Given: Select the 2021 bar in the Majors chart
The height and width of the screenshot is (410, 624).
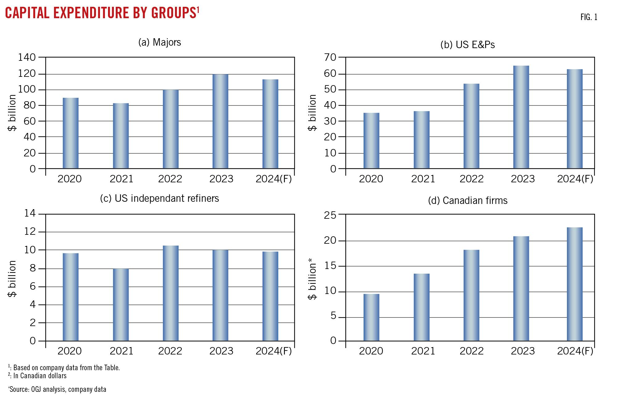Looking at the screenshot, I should click(121, 136).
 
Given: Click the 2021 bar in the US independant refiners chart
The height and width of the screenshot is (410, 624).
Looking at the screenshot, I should click(121, 304).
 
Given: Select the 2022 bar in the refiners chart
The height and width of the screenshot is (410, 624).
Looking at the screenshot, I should click(171, 293).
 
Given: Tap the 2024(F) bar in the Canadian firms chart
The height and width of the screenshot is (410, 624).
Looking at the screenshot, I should click(575, 284).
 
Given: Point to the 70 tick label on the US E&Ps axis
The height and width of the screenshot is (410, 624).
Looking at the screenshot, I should click(330, 57).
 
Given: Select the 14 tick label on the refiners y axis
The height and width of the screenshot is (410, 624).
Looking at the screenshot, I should click(30, 213).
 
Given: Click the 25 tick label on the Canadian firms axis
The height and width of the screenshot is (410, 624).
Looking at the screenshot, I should click(330, 215).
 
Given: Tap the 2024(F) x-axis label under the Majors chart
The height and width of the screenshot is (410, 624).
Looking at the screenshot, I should click(274, 179).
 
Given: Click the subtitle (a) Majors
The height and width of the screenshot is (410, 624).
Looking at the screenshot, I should click(160, 42).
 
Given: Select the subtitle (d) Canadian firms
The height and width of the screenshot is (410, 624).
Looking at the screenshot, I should click(468, 201).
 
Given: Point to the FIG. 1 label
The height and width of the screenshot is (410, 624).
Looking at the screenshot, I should click(589, 17).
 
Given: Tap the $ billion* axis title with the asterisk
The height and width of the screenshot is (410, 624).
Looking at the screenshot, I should click(312, 281).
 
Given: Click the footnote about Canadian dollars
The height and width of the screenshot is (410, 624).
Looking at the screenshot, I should click(37, 376).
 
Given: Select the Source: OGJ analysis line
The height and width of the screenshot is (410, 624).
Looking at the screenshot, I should click(57, 389).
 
